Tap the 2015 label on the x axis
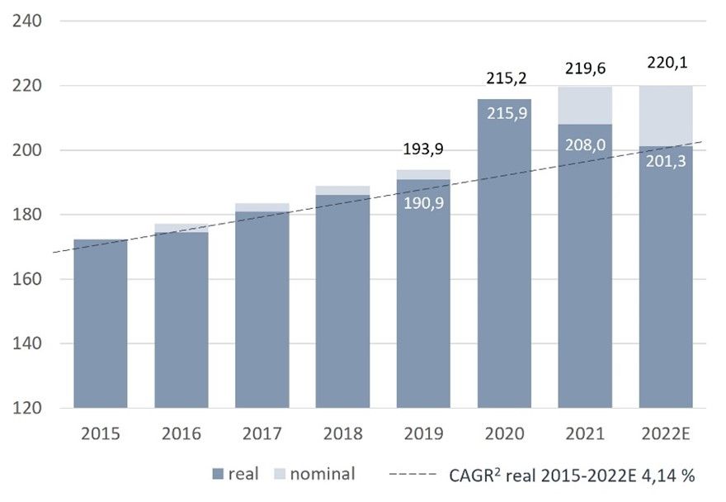[x=100, y=433]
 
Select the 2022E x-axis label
[x=667, y=433]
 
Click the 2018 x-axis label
[x=342, y=433]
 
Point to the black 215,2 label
[x=505, y=78]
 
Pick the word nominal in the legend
[x=323, y=474]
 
